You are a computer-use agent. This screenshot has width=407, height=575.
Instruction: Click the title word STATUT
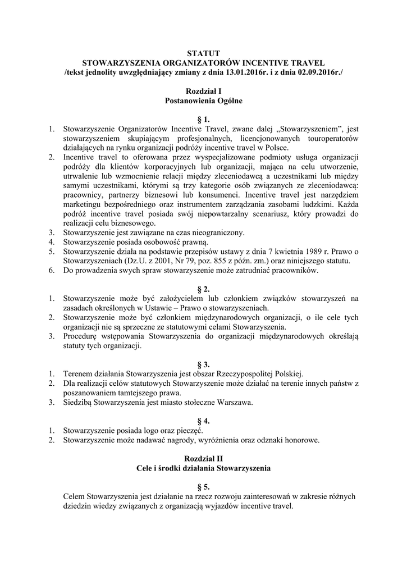coord(203,53)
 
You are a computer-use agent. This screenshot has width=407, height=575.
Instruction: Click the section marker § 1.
coord(203,120)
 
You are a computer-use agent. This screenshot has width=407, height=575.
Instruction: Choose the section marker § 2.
coord(203,289)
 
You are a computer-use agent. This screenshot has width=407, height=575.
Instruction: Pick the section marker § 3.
coord(203,364)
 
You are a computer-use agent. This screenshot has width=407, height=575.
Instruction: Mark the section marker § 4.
coord(203,421)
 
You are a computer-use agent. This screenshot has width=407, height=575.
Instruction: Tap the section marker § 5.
coord(203,487)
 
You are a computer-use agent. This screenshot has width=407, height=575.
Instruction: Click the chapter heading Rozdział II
coord(203,458)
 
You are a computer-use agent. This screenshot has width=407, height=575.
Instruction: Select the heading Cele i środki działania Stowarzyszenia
coord(203,468)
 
